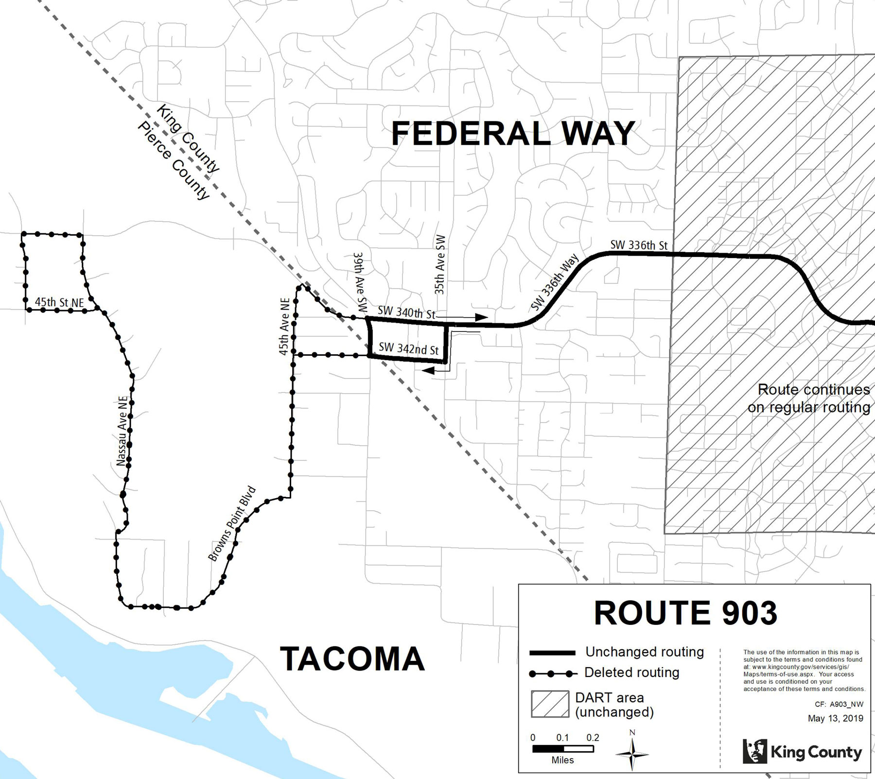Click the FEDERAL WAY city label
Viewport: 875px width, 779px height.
click(x=513, y=134)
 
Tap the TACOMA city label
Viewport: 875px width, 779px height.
click(x=352, y=659)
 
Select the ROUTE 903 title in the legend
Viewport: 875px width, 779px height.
click(x=685, y=613)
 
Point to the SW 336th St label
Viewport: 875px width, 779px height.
click(x=639, y=245)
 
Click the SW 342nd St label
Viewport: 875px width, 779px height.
click(x=408, y=348)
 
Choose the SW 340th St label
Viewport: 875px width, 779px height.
click(x=406, y=312)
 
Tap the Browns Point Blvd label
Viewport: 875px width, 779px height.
click(x=232, y=524)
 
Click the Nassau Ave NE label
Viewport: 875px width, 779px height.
click(x=122, y=431)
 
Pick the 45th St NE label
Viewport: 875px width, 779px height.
click(x=59, y=302)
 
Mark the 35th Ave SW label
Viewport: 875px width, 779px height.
click(x=439, y=265)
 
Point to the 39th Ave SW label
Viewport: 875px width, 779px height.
click(x=360, y=282)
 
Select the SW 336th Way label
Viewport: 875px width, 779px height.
click(x=555, y=282)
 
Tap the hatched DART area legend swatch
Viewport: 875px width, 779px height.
click(x=550, y=704)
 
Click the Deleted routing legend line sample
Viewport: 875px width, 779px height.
click(x=553, y=674)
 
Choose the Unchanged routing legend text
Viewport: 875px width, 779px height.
click(x=645, y=652)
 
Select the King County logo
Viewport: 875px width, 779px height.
click(x=803, y=751)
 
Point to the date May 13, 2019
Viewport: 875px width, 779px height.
click(x=836, y=718)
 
